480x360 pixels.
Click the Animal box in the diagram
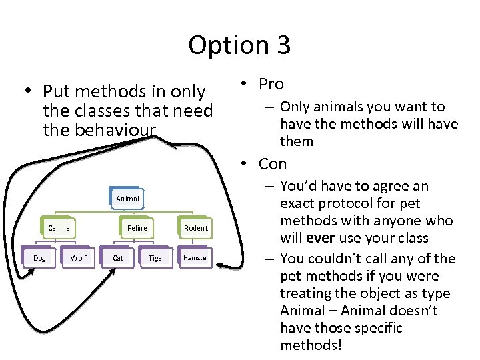click(x=127, y=199)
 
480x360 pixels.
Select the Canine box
click(x=59, y=228)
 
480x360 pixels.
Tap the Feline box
click(x=137, y=228)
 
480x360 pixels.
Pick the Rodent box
click(x=195, y=228)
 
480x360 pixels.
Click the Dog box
click(x=39, y=258)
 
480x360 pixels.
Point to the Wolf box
click(x=79, y=258)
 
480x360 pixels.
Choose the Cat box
click(x=118, y=258)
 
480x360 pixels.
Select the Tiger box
click(x=157, y=258)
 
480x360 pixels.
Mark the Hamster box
click(x=196, y=258)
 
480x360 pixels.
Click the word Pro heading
click(x=271, y=84)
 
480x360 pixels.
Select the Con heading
click(x=273, y=164)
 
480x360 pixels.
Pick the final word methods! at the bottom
click(x=311, y=345)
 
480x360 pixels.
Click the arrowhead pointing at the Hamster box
click(x=222, y=267)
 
